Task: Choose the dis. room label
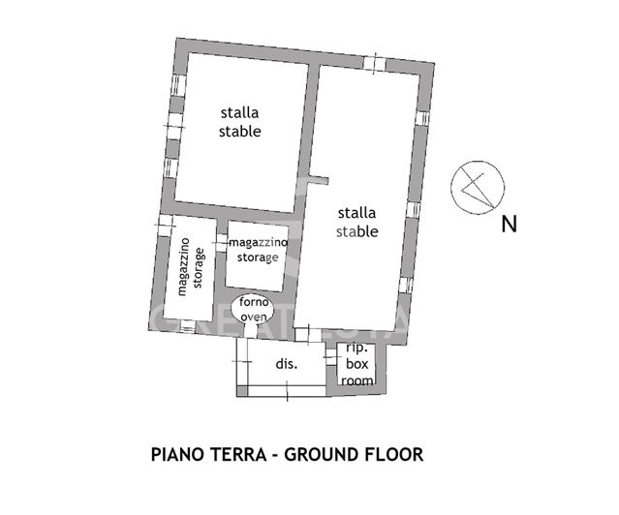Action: click(286, 365)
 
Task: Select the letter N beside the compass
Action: click(509, 226)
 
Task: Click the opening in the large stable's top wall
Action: click(374, 63)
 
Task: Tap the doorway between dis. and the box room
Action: click(330, 363)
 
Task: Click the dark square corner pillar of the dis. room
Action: click(242, 389)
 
